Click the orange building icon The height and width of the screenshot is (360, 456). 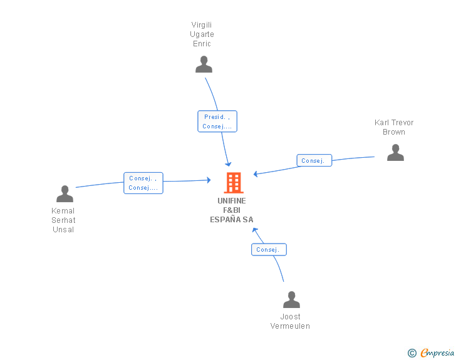pos(234,183)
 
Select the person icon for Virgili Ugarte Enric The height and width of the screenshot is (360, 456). pos(204,64)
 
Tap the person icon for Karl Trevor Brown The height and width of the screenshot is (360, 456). pos(395,152)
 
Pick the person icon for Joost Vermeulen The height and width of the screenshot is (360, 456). pos(291,299)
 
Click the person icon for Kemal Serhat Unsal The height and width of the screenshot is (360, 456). pos(65,193)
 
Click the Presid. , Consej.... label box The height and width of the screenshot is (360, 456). pos(217,121)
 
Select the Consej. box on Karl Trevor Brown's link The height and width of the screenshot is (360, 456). pos(314,160)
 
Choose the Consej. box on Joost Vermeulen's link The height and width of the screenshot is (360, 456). pos(269,250)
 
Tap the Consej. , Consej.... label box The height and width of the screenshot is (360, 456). pos(143,183)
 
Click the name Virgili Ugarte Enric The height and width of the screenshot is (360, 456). pos(202,34)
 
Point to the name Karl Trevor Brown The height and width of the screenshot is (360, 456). pos(394,127)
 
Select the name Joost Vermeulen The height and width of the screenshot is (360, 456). pos(290,321)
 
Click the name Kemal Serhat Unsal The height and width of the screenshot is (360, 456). pos(63,220)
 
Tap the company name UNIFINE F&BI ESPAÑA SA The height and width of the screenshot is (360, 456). pos(232,210)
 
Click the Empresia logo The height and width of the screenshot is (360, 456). pos(437,352)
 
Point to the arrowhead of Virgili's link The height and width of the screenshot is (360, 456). pos(229,164)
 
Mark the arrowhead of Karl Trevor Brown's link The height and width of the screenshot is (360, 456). pos(256,174)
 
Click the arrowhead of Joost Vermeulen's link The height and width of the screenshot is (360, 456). pos(255,230)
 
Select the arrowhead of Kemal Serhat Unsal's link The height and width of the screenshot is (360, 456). pos(209,180)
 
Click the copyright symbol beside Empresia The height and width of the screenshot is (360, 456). pos(412,353)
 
